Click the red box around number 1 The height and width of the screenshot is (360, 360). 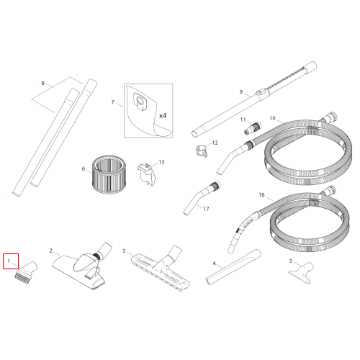coord(11,254)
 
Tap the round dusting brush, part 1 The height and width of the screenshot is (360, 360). coord(26,273)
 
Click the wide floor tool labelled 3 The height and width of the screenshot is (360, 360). coord(161,269)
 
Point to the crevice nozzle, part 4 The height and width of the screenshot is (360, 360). coord(233,267)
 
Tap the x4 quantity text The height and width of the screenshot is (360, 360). coord(163,116)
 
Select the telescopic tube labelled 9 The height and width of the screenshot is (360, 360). coord(254,99)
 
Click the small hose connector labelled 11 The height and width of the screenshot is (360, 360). coord(253,128)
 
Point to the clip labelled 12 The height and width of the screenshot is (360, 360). coord(201,151)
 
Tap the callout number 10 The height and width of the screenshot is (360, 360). coord(272,118)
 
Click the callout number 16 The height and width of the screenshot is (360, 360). coord(261,194)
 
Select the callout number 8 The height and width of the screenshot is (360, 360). coord(42,83)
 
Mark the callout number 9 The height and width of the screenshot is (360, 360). coord(241,91)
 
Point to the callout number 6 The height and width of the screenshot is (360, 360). coord(84,168)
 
